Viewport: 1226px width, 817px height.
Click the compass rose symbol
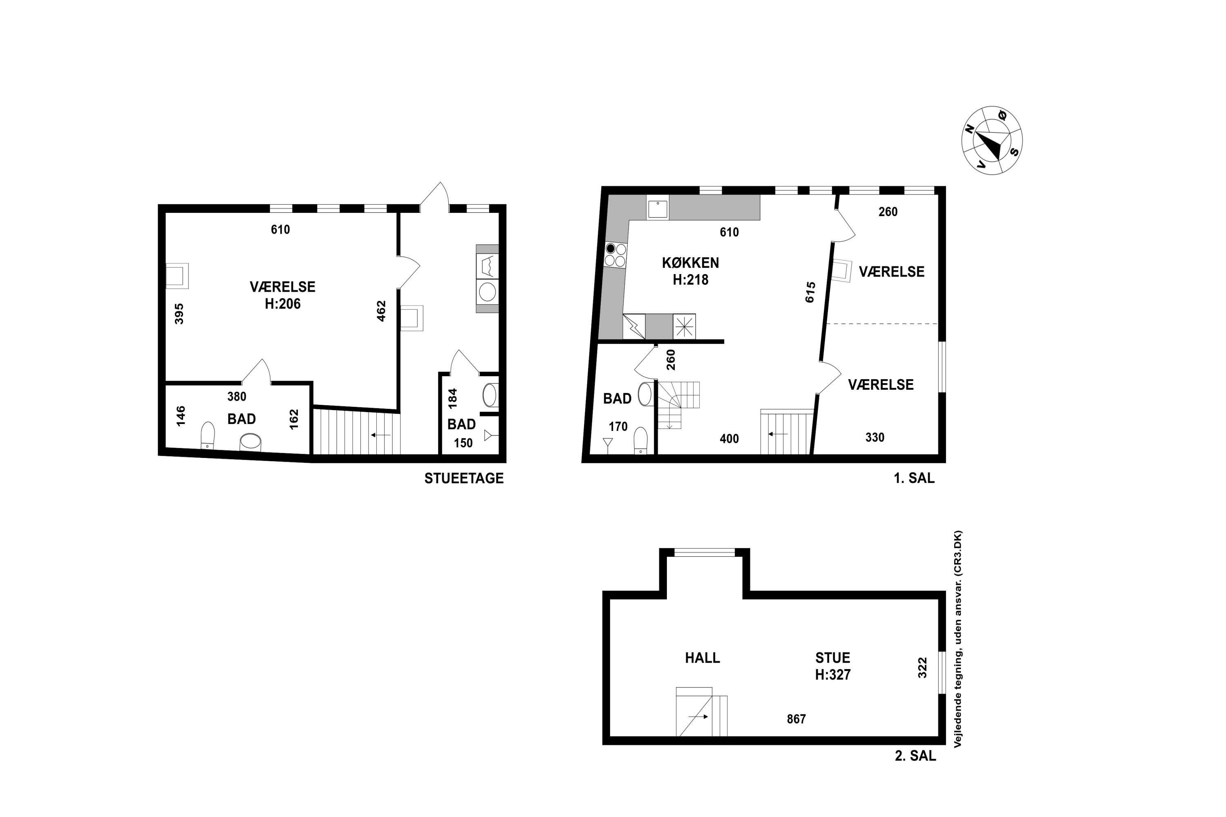click(x=991, y=140)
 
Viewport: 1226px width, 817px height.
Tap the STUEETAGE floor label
click(x=464, y=478)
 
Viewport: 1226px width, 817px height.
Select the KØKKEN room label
click(x=690, y=263)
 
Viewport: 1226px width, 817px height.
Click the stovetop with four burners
click(x=615, y=255)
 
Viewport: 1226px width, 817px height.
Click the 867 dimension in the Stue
click(x=796, y=719)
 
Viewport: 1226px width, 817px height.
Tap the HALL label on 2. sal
click(x=702, y=658)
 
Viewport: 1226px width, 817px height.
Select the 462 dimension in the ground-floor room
click(x=381, y=311)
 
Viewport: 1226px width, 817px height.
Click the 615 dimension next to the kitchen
click(x=810, y=292)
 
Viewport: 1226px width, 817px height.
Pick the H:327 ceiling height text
click(x=832, y=675)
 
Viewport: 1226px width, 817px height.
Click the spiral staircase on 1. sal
click(x=678, y=405)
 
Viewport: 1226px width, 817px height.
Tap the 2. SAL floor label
click(x=915, y=755)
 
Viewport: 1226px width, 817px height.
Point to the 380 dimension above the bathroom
click(x=237, y=397)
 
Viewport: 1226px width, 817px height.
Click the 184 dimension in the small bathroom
click(x=452, y=398)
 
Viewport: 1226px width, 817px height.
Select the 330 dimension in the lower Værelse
click(x=875, y=438)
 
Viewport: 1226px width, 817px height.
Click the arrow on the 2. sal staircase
click(x=698, y=717)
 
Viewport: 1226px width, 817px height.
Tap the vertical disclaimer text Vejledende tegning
click(x=958, y=639)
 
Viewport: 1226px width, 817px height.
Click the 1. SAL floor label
click(x=914, y=478)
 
